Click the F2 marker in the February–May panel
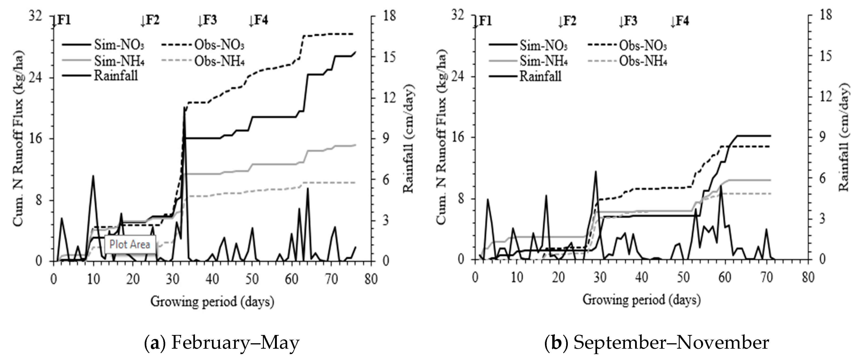150,21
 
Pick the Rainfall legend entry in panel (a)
116,76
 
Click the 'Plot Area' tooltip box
130,244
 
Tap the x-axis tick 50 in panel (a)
252,279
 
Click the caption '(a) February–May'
222,343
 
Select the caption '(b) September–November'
657,343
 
